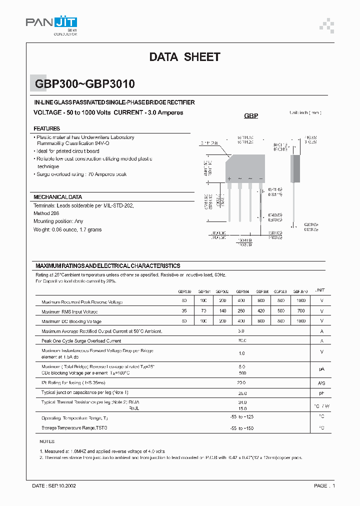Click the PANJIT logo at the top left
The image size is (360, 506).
(51, 23)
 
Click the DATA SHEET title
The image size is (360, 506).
(184, 57)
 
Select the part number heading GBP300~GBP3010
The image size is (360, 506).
(84, 84)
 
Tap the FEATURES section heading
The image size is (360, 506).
(46, 128)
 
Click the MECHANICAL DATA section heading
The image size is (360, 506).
(57, 197)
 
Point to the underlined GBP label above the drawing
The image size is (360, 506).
(251, 115)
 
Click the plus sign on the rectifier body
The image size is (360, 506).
(229, 178)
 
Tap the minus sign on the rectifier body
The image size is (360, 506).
(260, 178)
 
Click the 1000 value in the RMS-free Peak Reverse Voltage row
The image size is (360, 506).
(300, 301)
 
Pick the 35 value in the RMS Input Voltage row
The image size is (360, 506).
(184, 311)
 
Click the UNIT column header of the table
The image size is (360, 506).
(320, 290)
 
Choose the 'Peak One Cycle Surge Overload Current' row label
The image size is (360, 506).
(81, 340)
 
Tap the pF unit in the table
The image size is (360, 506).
(321, 393)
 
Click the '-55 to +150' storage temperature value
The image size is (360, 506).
(241, 428)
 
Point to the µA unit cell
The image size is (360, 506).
(321, 369)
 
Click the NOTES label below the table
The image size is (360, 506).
(46, 442)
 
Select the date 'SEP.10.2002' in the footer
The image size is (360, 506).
(61, 485)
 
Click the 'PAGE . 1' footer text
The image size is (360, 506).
(324, 485)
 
